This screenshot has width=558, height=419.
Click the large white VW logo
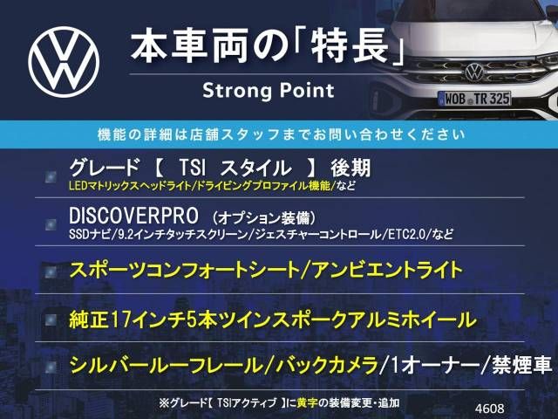pyautogui.click(x=64, y=62)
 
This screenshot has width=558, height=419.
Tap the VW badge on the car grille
pyautogui.click(x=474, y=72)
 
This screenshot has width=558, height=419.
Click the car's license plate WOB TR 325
pyautogui.click(x=474, y=99)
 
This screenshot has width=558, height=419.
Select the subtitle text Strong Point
pyautogui.click(x=269, y=91)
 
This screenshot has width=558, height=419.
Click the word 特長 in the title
pyautogui.click(x=350, y=47)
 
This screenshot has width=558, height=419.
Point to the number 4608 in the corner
pyautogui.click(x=489, y=409)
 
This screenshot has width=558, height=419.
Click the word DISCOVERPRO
pyautogui.click(x=133, y=216)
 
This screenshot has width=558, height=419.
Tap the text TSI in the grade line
pyautogui.click(x=192, y=168)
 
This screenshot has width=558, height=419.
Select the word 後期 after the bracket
pyautogui.click(x=350, y=168)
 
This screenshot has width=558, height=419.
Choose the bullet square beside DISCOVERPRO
pyautogui.click(x=51, y=224)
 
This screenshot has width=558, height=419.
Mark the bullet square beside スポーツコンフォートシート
pyautogui.click(x=51, y=271)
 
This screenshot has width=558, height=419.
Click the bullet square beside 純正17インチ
pyautogui.click(x=51, y=319)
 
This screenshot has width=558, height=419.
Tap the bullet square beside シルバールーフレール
pyautogui.click(x=51, y=367)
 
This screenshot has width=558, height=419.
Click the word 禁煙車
pyautogui.click(x=522, y=366)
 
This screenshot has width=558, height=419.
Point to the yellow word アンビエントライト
pyautogui.click(x=387, y=270)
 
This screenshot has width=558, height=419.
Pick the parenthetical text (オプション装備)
pyautogui.click(x=263, y=217)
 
